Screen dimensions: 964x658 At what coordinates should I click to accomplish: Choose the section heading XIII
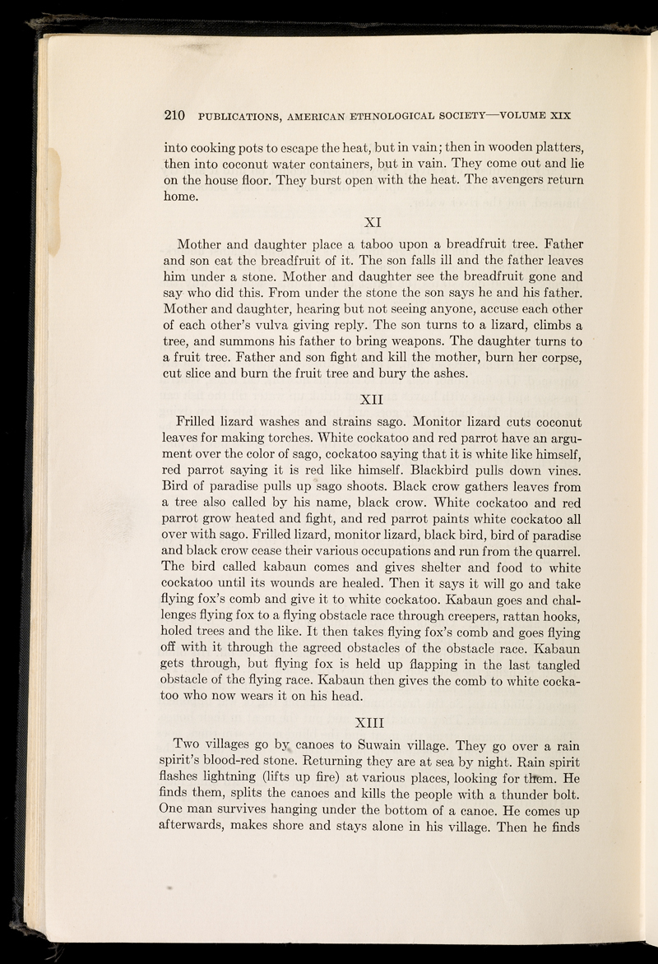pyautogui.click(x=375, y=723)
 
